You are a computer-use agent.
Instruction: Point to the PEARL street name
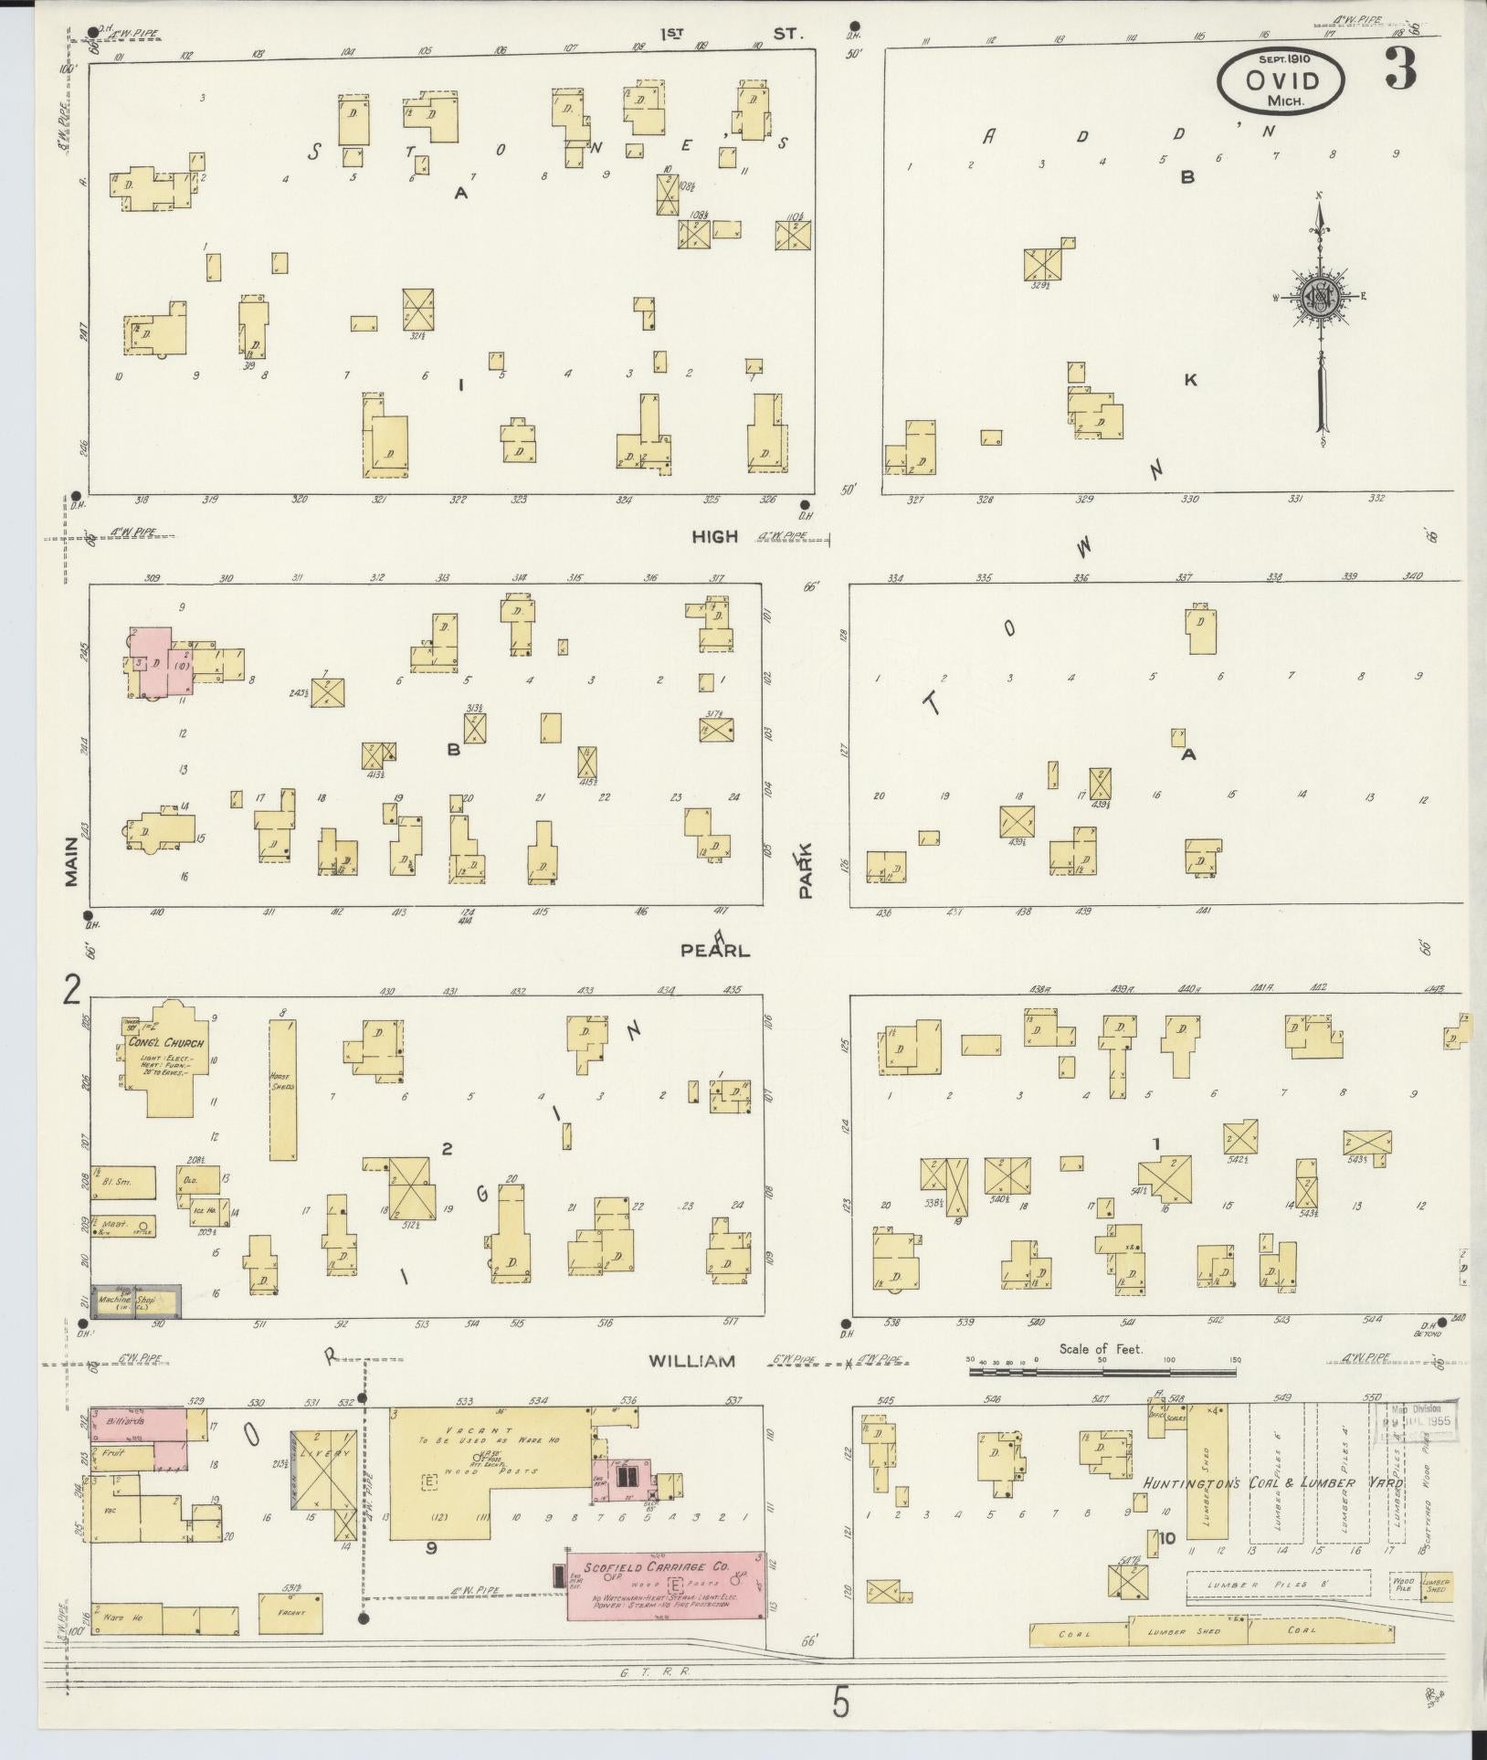715,951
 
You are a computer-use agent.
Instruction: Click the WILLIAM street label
691,1361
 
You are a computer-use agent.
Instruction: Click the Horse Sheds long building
282,1089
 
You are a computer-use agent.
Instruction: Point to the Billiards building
137,1424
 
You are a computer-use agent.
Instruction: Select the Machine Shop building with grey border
134,1301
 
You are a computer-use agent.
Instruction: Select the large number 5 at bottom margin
840,1704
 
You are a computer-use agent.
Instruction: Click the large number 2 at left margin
71,988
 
